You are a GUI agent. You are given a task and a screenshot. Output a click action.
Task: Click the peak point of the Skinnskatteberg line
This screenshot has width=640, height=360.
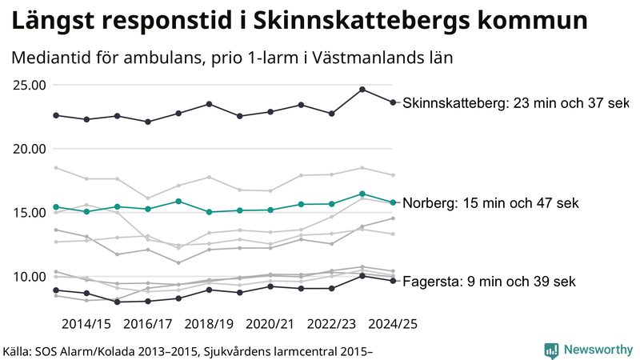tap(362, 90)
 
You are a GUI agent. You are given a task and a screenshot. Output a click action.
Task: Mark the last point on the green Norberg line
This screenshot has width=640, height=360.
tap(393, 202)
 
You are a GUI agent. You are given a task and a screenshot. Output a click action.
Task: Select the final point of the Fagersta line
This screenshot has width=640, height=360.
tap(393, 281)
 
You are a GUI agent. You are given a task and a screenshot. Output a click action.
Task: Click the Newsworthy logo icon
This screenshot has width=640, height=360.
tap(551, 350)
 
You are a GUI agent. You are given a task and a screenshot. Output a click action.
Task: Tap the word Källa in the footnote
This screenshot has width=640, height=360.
tap(22, 350)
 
